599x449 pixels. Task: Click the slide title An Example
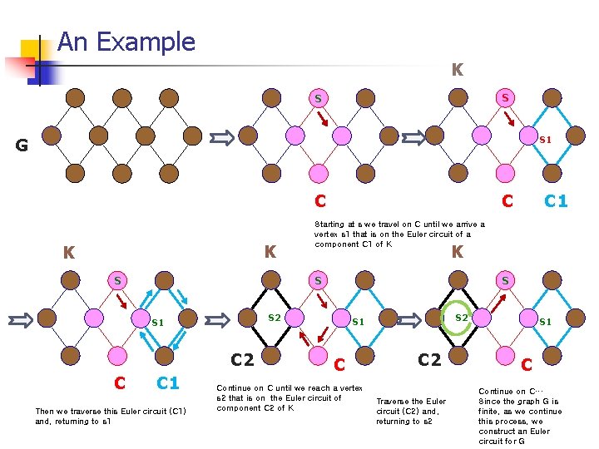126,42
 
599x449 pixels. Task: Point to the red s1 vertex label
545,140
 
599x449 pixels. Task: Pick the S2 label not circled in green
274,318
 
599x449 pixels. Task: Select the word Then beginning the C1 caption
44,411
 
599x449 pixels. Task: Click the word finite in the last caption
490,411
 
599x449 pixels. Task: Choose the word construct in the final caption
498,431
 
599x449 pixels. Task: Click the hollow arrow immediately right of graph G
222,137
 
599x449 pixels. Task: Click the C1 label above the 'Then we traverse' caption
168,382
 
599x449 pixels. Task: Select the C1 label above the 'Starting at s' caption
556,200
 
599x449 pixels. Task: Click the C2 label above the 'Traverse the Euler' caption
429,359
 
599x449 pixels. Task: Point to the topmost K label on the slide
457,71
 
